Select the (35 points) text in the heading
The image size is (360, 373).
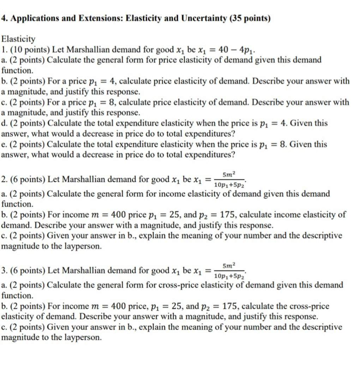250,18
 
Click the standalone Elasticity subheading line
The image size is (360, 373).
18,38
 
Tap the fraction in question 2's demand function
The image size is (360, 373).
229,179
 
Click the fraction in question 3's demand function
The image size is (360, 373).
229,270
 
